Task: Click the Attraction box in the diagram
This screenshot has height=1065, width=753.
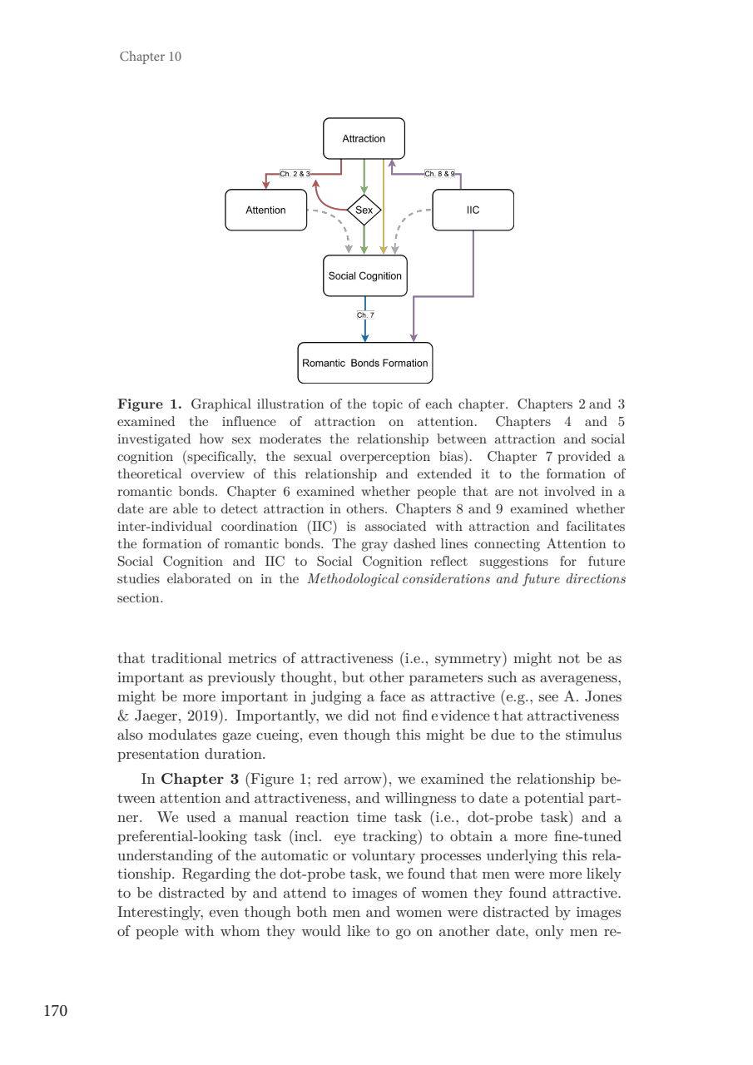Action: [x=364, y=139]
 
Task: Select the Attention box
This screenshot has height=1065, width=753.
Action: [x=265, y=211]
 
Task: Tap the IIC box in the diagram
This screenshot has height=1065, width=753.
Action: [x=473, y=211]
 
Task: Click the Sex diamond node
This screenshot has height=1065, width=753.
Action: [x=364, y=211]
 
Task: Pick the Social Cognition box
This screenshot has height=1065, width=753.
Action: [x=364, y=276]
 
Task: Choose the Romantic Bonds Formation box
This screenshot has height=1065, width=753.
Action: [x=364, y=363]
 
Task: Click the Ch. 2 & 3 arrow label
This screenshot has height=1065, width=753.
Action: [x=295, y=174]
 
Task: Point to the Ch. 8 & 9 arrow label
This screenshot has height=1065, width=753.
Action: [x=439, y=174]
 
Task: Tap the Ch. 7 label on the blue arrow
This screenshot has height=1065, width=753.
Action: [x=365, y=315]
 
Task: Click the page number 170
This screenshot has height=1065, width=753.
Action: [x=55, y=1011]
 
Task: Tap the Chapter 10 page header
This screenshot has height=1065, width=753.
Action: [x=151, y=57]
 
